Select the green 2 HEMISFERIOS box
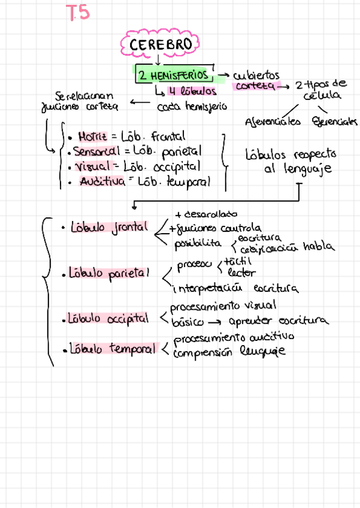pyautogui.click(x=174, y=75)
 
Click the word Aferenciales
pyautogui.click(x=273, y=122)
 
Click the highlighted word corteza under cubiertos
pyautogui.click(x=255, y=86)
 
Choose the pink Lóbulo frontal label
pyautogui.click(x=108, y=228)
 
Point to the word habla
pyautogui.click(x=318, y=247)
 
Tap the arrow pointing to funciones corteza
pyautogui.click(x=139, y=103)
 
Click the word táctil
pyautogui.click(x=238, y=262)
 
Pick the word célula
pyautogui.click(x=322, y=96)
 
